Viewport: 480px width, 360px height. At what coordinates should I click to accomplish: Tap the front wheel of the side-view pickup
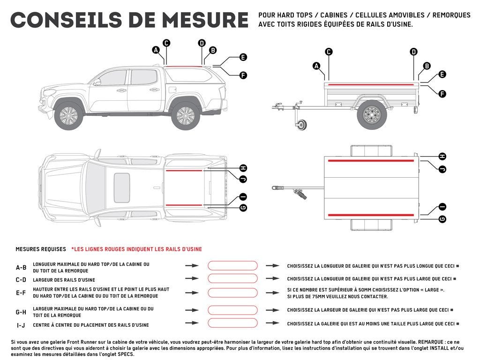(x=69, y=115)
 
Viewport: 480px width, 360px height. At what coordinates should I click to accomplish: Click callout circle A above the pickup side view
(x=156, y=50)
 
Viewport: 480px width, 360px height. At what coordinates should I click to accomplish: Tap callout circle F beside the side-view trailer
(x=442, y=94)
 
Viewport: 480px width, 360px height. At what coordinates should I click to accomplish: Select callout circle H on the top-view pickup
(x=243, y=168)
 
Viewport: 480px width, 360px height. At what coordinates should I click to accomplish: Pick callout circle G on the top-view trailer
(x=442, y=218)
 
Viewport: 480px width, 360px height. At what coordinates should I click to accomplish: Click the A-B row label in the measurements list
(x=21, y=268)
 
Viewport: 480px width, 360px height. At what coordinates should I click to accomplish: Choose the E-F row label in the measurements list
(x=21, y=293)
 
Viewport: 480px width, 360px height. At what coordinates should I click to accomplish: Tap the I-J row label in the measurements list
(x=21, y=325)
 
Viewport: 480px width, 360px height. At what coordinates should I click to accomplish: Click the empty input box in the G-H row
(x=232, y=310)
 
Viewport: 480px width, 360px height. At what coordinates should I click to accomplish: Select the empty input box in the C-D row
(x=232, y=278)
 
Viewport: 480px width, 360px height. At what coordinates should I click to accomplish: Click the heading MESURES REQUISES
(x=41, y=249)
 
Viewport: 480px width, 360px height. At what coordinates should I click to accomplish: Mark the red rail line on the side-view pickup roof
(x=185, y=67)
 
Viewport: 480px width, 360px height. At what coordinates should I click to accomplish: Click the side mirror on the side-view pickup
(x=97, y=82)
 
